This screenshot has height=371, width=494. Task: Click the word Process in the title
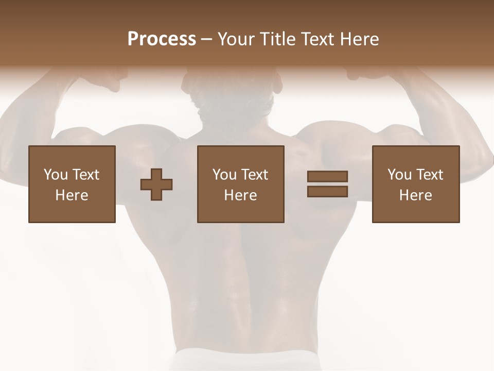[x=162, y=39]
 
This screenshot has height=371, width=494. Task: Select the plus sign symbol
[x=156, y=184]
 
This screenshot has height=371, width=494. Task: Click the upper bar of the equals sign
[x=327, y=177]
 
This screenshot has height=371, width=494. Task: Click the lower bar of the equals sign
[x=327, y=191]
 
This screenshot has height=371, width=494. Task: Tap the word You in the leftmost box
[x=56, y=175]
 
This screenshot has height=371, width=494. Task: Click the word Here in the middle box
[x=241, y=195]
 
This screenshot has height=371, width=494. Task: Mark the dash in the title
[x=207, y=39]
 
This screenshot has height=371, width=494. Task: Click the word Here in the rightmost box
[x=416, y=195]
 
